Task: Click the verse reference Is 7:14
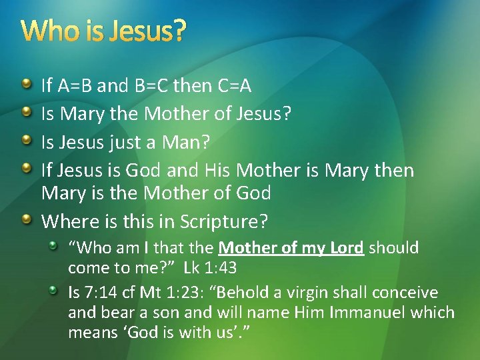tap(91, 293)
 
